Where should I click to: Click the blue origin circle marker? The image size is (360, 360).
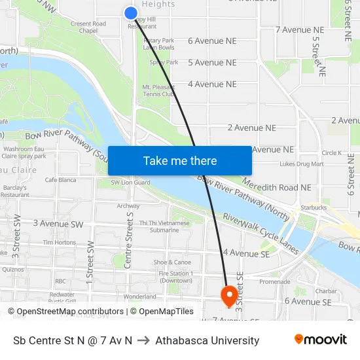pos(131,12)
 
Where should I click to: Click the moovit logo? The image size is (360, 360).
pos(321,340)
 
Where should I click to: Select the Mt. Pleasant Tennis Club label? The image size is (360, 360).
pos(158,90)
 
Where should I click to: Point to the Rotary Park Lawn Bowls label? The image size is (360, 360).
pos(159,44)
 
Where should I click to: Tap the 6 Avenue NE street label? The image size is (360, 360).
pos(212,41)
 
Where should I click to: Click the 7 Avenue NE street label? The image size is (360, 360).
pos(300,30)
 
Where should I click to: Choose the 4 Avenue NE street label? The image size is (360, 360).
pos(212,84)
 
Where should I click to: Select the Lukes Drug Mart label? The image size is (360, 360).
pos(301,164)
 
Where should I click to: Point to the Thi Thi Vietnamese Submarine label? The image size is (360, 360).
pos(164,226)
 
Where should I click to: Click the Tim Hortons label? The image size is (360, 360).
pos(60,242)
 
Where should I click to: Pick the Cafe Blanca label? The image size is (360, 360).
pos(60,180)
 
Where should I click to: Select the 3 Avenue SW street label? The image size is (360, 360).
pos(58,224)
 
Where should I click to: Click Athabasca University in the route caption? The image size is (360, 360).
pos(216,340)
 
